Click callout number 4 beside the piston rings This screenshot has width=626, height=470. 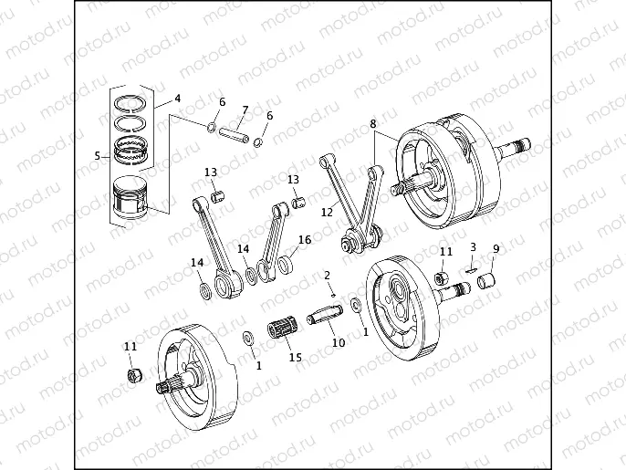[x=177, y=98]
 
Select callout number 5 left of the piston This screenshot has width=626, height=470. [x=98, y=156]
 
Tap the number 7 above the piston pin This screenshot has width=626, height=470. [x=244, y=110]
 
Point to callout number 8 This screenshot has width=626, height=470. [x=372, y=123]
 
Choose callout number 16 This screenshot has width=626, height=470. [x=304, y=240]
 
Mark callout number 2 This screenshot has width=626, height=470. [x=328, y=276]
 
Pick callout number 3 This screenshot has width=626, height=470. [x=473, y=246]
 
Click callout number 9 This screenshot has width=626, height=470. [x=496, y=248]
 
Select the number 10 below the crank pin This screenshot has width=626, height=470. [x=338, y=343]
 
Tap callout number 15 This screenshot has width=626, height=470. [x=295, y=357]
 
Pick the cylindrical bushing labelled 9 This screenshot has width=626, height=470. [x=487, y=277]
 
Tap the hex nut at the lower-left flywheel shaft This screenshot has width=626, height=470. [x=133, y=375]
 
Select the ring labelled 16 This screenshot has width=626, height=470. [x=284, y=266]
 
